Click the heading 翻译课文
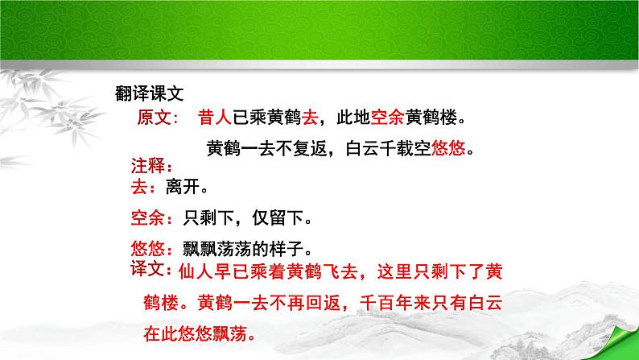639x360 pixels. pyautogui.click(x=150, y=94)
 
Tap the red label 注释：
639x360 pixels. pyautogui.click(x=151, y=167)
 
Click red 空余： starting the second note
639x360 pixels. pyautogui.click(x=150, y=217)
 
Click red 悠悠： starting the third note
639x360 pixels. pyautogui.click(x=150, y=247)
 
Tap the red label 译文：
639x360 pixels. pyautogui.click(x=150, y=268)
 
